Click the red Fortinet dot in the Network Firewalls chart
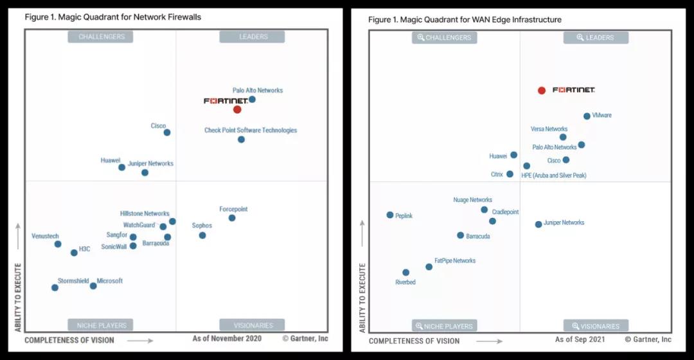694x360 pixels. tap(237, 109)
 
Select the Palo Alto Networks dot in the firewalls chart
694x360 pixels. tap(252, 99)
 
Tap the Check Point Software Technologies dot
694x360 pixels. tap(241, 139)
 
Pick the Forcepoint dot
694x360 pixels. tap(232, 218)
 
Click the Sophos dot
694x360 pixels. tap(202, 235)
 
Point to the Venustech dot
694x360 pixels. tap(58, 244)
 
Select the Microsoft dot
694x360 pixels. tap(93, 285)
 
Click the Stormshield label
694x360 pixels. tap(73, 281)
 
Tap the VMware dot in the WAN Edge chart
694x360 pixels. tap(587, 116)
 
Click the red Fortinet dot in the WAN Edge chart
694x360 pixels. tap(542, 91)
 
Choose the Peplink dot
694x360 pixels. tap(390, 215)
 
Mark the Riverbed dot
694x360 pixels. tap(405, 273)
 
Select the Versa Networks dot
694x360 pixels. tap(563, 137)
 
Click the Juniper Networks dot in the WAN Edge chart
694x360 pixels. tap(538, 224)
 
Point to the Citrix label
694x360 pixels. tap(497, 174)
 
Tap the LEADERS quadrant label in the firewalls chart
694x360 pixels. tap(252, 37)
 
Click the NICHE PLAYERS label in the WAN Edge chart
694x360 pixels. tap(445, 326)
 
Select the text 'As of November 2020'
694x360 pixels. tap(227, 338)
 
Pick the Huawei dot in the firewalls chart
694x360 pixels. tap(121, 167)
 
